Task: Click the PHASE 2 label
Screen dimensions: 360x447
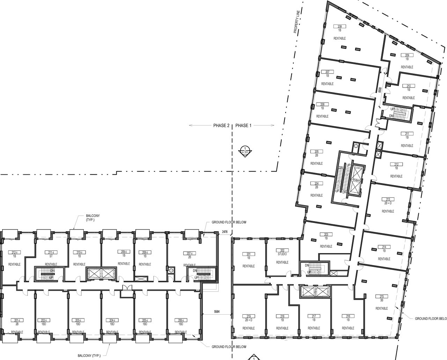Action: pos(221,126)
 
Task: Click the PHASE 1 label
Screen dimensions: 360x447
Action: pos(243,126)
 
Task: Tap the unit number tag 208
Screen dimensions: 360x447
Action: pos(339,27)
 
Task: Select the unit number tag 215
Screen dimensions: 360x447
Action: pos(381,297)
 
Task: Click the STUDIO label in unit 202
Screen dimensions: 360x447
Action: pos(282,254)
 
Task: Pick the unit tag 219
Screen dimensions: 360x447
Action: pos(249,316)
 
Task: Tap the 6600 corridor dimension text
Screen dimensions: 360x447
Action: pos(380,90)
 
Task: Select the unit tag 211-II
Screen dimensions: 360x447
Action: pos(51,252)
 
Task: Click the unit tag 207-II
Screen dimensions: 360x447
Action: pos(190,253)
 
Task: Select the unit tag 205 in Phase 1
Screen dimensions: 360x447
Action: pos(316,152)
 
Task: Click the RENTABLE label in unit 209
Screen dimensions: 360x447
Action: pos(407,67)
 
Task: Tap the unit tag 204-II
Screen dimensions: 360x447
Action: pos(112,320)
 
